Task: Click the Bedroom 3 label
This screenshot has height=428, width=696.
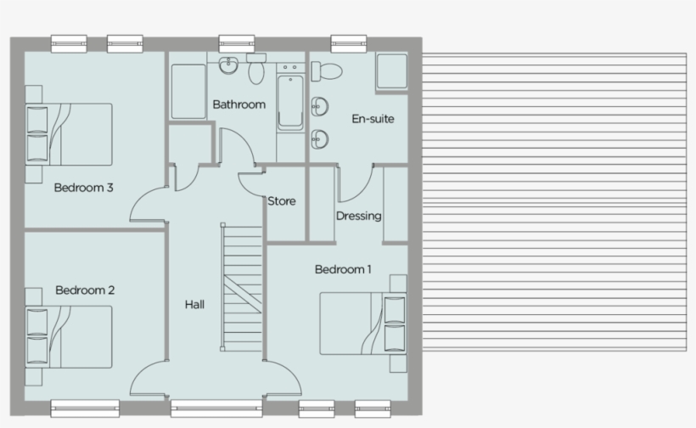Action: point(84,188)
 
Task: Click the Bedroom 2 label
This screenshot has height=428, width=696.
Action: point(85,290)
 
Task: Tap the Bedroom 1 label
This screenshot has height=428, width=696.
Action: point(343,269)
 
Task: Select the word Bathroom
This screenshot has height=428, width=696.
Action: point(239,104)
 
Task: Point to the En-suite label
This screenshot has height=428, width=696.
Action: point(373,119)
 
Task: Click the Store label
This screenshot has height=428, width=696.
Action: point(282,201)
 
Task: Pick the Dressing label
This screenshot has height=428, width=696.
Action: point(358,216)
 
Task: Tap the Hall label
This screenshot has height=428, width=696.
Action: point(194,304)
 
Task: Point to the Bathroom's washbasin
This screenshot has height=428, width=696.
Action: point(227,65)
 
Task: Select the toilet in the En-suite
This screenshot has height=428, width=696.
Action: point(328,69)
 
